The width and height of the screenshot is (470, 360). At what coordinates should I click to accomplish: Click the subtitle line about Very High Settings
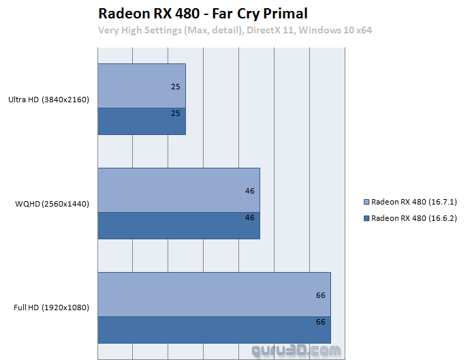pyautogui.click(x=234, y=30)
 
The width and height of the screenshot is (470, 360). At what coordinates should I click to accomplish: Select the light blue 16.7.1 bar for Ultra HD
pyautogui.click(x=142, y=87)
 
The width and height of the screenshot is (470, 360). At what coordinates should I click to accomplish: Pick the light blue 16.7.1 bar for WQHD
pyautogui.click(x=178, y=190)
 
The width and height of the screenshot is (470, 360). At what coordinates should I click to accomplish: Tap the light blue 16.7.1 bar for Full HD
pyautogui.click(x=214, y=295)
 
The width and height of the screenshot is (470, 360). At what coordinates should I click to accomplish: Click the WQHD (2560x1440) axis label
pyautogui.click(x=52, y=203)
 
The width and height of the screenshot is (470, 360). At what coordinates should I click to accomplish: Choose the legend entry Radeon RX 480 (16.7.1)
pyautogui.click(x=413, y=202)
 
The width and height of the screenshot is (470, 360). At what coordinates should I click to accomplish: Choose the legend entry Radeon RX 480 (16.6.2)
pyautogui.click(x=413, y=218)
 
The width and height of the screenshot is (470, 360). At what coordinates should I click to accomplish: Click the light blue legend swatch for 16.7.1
pyautogui.click(x=367, y=202)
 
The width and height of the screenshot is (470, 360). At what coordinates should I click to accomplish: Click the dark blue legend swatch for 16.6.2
pyautogui.click(x=367, y=218)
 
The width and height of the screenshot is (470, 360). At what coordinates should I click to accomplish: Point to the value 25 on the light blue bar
pyautogui.click(x=176, y=87)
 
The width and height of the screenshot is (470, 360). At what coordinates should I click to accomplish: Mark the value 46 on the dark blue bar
pyautogui.click(x=249, y=217)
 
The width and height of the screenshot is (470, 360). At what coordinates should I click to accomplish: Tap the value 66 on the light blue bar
pyautogui.click(x=320, y=295)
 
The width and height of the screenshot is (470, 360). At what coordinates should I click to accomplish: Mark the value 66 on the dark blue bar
pyautogui.click(x=320, y=321)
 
